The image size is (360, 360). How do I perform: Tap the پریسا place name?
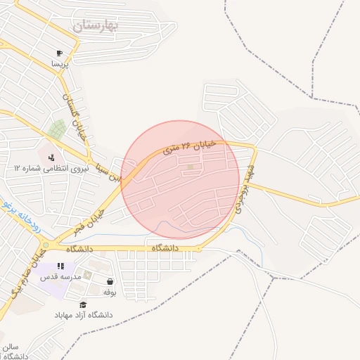coord(60,63)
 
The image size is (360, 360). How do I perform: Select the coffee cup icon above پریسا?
coord(60,53)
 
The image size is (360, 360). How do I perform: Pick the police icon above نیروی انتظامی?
coord(51,156)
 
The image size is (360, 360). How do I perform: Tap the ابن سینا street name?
coord(112,168)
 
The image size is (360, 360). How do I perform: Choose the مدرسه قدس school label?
coord(60,277)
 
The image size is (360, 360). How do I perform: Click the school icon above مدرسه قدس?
coord(60,266)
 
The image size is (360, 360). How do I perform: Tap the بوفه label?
coord(109,291)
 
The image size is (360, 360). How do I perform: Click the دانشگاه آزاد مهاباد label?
coord(84,314)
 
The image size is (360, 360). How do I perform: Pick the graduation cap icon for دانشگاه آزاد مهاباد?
coord(84,304)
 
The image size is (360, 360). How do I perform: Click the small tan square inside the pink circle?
coord(190,167)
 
